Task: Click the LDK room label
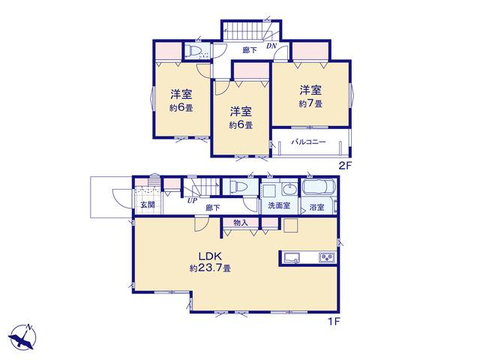click(x=210, y=256)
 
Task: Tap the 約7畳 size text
click(x=310, y=103)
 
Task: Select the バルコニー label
click(x=308, y=142)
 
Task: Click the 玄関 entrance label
click(x=148, y=205)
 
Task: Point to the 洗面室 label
click(x=279, y=205)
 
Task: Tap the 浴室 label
click(x=316, y=207)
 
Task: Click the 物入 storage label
click(x=240, y=223)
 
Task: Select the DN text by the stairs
click(x=271, y=46)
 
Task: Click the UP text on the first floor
click(x=192, y=200)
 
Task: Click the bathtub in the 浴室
click(x=319, y=187)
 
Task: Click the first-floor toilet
click(x=238, y=186)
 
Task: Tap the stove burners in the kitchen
click(x=327, y=257)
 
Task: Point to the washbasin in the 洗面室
click(x=289, y=190)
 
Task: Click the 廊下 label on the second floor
click(x=250, y=50)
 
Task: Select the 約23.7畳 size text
click(x=210, y=268)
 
